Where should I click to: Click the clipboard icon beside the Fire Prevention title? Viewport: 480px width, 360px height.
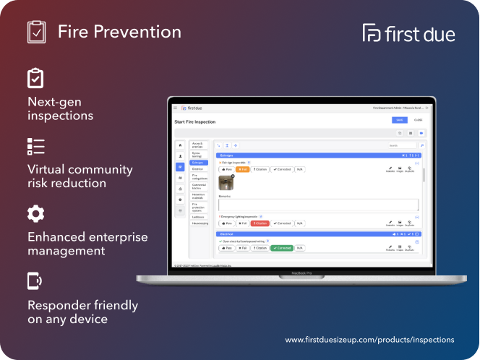36,32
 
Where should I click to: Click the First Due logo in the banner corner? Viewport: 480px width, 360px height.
408,33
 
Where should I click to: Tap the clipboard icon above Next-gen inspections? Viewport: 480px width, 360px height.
35,78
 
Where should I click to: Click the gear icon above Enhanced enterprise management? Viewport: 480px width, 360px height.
35,213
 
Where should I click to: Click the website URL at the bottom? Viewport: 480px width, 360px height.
369,339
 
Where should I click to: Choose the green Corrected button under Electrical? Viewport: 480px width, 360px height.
281,248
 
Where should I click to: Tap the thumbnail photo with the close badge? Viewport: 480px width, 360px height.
226,183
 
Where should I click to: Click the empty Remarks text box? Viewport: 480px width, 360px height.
318,205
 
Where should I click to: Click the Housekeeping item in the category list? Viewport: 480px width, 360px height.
200,223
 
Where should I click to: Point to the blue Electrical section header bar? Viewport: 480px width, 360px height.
318,234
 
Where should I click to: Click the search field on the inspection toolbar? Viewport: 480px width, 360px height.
401,145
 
